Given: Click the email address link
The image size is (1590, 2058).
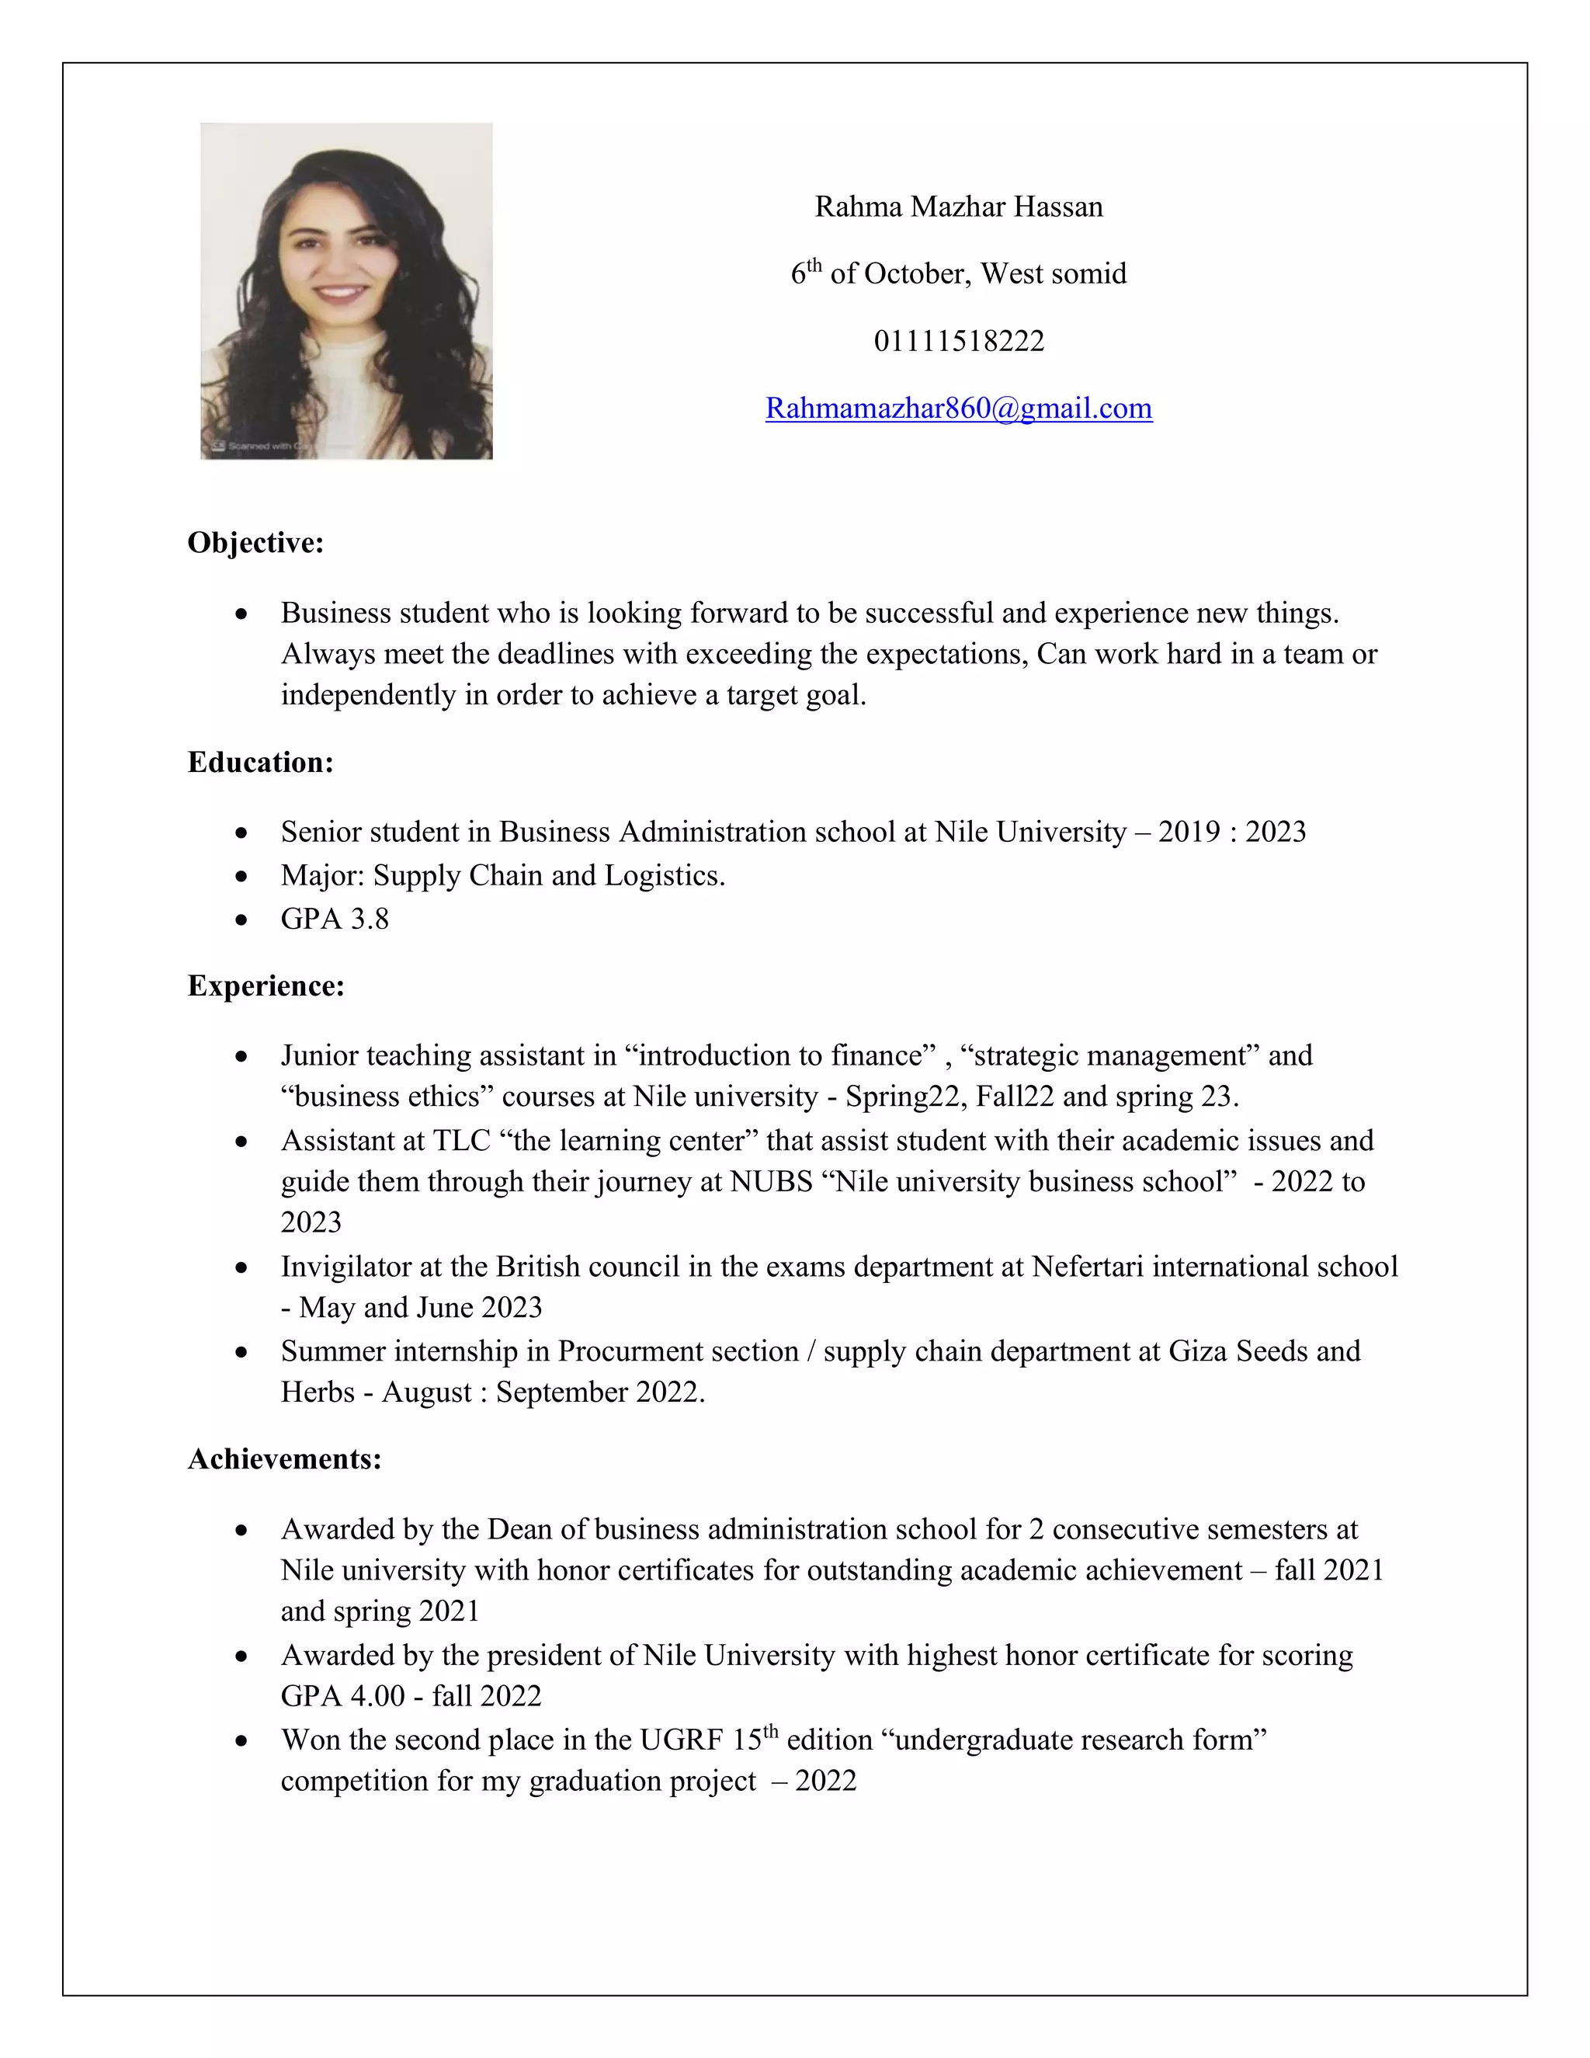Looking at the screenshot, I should click(958, 408).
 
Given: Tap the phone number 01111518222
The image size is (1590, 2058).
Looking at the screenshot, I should click(959, 340).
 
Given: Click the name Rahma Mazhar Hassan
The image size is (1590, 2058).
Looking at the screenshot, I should click(958, 207).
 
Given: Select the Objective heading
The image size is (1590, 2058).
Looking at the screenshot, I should click(255, 543).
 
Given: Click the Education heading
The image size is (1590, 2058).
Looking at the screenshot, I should click(260, 763).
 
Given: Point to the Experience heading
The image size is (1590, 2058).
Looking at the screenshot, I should click(266, 986).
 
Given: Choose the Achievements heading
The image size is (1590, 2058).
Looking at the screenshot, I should click(284, 1458).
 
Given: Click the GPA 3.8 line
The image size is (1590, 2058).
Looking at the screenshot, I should click(335, 919).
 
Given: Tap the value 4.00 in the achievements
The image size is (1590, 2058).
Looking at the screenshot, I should click(377, 1696).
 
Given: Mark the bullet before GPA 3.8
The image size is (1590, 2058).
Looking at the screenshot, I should click(242, 919).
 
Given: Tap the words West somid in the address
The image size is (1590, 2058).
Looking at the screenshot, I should click(1053, 273).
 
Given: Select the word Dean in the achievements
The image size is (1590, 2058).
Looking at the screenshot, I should click(519, 1528).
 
